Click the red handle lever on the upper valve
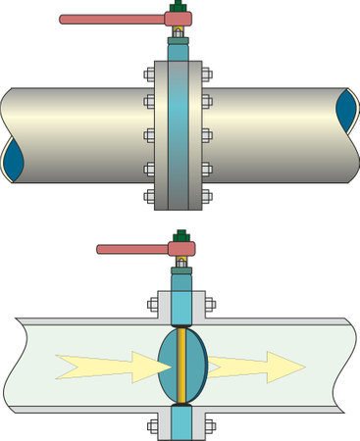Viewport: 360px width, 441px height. (108, 19)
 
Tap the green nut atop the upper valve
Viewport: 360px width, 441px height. (177, 12)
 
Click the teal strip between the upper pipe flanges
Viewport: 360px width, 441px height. (178, 132)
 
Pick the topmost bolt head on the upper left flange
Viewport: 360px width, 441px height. (149, 72)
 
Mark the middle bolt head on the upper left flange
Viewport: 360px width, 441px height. (149, 132)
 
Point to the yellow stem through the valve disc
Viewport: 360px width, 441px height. (180, 365)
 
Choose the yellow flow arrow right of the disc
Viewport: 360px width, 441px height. (257, 367)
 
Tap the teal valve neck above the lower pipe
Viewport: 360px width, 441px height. (181, 294)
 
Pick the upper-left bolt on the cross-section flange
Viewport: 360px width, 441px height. (154, 304)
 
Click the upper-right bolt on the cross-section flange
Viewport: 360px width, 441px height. (208, 304)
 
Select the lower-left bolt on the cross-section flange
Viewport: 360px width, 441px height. (154, 426)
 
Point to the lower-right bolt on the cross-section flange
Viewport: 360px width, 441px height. (208, 426)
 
